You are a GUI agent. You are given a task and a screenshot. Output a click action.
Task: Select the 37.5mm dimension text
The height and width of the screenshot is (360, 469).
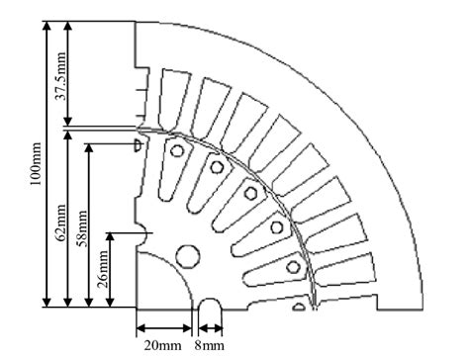tap(61, 79)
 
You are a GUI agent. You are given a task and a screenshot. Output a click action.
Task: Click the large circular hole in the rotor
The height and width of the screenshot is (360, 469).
tap(185, 257)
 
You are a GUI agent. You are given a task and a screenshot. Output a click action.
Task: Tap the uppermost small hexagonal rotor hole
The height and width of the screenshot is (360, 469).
tap(176, 150)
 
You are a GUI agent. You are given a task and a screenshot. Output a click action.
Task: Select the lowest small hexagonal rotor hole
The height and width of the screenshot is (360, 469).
tap(292, 267)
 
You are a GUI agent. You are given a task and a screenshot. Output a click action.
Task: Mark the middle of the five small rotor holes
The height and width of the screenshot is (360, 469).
tap(250, 193)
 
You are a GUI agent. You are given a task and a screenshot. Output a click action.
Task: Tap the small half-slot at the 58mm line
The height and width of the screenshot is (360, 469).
tap(139, 145)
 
